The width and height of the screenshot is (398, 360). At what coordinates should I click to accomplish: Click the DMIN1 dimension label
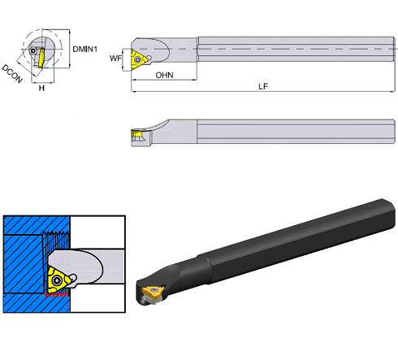(x=84, y=50)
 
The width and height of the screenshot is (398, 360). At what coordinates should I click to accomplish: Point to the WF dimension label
(x=116, y=58)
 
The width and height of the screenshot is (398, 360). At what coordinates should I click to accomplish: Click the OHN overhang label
(x=165, y=75)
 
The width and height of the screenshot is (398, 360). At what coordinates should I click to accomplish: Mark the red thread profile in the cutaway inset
(x=58, y=297)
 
